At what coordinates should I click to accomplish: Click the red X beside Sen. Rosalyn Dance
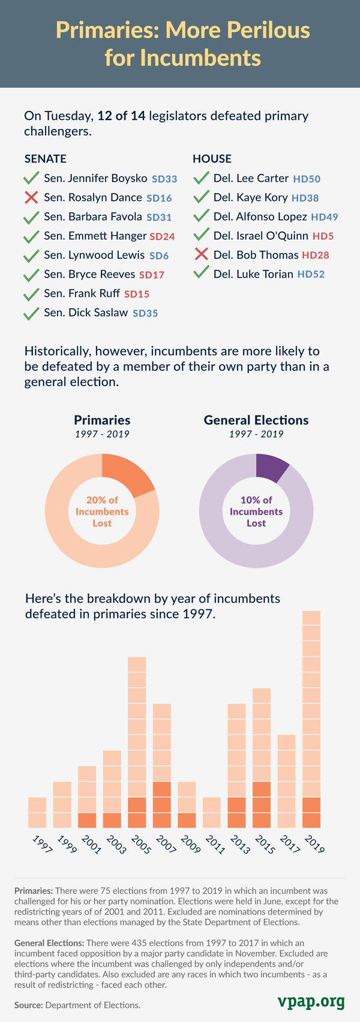click(x=31, y=197)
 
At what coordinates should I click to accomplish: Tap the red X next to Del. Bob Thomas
click(x=201, y=255)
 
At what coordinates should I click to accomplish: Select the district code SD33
click(x=164, y=179)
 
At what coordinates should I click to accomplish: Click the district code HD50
click(x=307, y=179)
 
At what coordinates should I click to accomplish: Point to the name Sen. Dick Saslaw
click(x=86, y=312)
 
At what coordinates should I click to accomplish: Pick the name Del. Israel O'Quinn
click(x=261, y=236)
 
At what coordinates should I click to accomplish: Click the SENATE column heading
click(x=45, y=159)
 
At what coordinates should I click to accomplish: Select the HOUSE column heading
click(x=212, y=159)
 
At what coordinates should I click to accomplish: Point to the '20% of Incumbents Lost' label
click(x=102, y=512)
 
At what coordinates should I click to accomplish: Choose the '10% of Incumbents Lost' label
click(x=256, y=512)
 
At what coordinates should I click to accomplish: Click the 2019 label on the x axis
click(x=314, y=844)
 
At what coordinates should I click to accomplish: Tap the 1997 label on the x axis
click(x=39, y=844)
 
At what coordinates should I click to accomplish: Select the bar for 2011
click(x=212, y=813)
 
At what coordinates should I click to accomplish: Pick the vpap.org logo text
click(x=311, y=1001)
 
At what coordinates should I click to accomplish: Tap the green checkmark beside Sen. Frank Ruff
click(x=31, y=294)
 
